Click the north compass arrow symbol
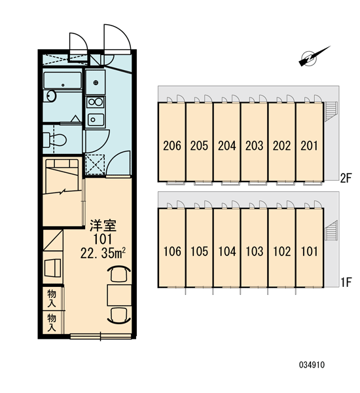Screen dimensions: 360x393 click(312, 58)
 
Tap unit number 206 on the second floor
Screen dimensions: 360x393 click(172, 145)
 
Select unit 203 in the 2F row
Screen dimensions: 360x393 click(254, 145)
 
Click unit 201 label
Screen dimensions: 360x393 click(309, 145)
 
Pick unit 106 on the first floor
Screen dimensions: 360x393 click(172, 252)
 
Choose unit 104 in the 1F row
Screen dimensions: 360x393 click(227, 252)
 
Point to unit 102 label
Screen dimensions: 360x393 click(282, 252)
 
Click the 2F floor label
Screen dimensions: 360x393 click(346, 178)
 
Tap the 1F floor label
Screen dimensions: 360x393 click(346, 282)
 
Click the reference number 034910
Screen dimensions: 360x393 click(312, 365)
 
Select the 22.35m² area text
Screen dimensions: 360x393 click(103, 253)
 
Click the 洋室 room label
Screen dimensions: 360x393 click(103, 225)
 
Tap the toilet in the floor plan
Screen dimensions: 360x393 click(54, 140)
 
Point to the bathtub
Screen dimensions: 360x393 click(63, 80)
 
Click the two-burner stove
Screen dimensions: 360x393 click(95, 102)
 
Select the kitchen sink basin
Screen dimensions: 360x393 click(96, 120)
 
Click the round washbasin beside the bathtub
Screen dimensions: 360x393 click(51, 96)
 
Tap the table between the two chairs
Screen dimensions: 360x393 click(119, 295)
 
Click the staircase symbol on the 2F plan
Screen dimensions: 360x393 click(331, 111)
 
